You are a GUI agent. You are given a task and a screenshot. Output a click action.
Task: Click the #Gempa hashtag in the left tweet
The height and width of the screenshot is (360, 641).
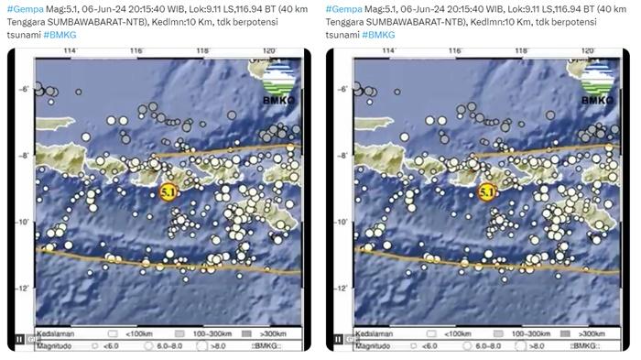pos(22,8)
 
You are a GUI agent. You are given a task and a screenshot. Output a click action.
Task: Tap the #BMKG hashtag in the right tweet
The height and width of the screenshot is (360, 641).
pos(380,34)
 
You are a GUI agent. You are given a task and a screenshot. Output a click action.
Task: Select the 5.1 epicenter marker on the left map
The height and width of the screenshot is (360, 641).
pos(168,192)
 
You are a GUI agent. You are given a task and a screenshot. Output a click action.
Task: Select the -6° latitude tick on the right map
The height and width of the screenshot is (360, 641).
pos(341,88)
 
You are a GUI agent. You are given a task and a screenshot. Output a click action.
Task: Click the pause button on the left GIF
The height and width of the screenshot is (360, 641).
pos(17,341)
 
